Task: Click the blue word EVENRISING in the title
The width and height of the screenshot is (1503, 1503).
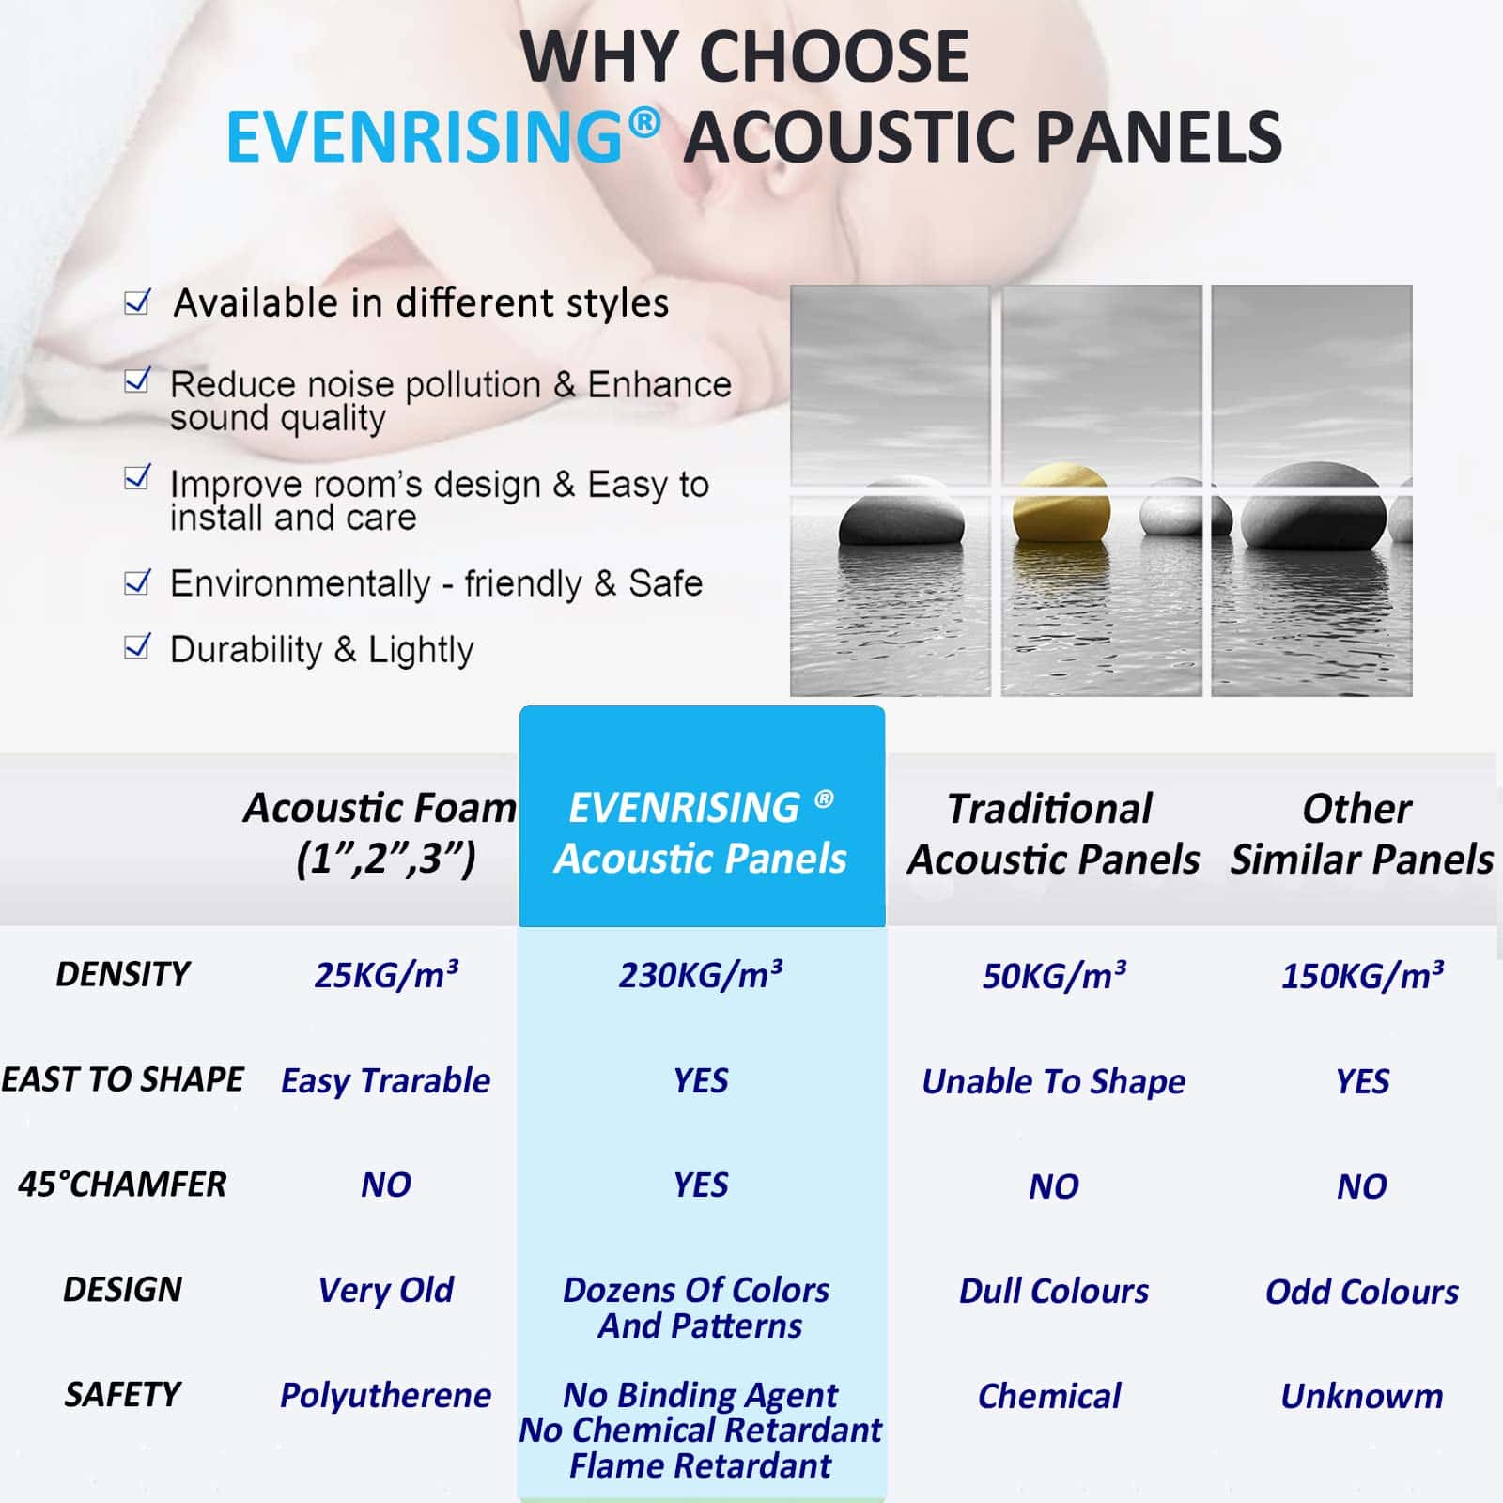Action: click(425, 137)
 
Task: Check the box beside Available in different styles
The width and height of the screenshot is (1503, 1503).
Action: click(137, 302)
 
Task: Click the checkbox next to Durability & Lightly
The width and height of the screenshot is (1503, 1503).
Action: click(137, 646)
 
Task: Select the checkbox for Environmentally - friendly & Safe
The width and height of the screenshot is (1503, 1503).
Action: click(137, 582)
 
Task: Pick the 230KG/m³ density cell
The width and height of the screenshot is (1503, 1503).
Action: click(701, 975)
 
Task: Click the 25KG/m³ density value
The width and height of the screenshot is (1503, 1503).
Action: click(386, 975)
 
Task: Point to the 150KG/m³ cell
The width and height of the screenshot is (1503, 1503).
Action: click(1362, 976)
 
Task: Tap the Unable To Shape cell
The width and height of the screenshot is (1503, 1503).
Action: click(1054, 1082)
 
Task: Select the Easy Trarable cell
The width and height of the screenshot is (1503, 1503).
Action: click(386, 1081)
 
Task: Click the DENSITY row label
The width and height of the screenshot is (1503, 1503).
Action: click(123, 974)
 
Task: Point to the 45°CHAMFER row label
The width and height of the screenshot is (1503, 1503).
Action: click(122, 1185)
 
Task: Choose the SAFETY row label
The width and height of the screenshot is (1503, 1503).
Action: click(122, 1394)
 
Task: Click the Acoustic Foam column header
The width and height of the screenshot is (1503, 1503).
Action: click(380, 832)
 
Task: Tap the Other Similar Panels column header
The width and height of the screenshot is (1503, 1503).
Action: click(1362, 834)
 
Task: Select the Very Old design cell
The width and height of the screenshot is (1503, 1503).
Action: click(386, 1291)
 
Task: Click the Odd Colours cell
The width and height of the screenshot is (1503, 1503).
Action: click(1362, 1292)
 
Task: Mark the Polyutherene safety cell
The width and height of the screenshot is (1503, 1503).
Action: click(386, 1396)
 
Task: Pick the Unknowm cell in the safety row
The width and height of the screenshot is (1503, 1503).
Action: click(1362, 1396)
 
